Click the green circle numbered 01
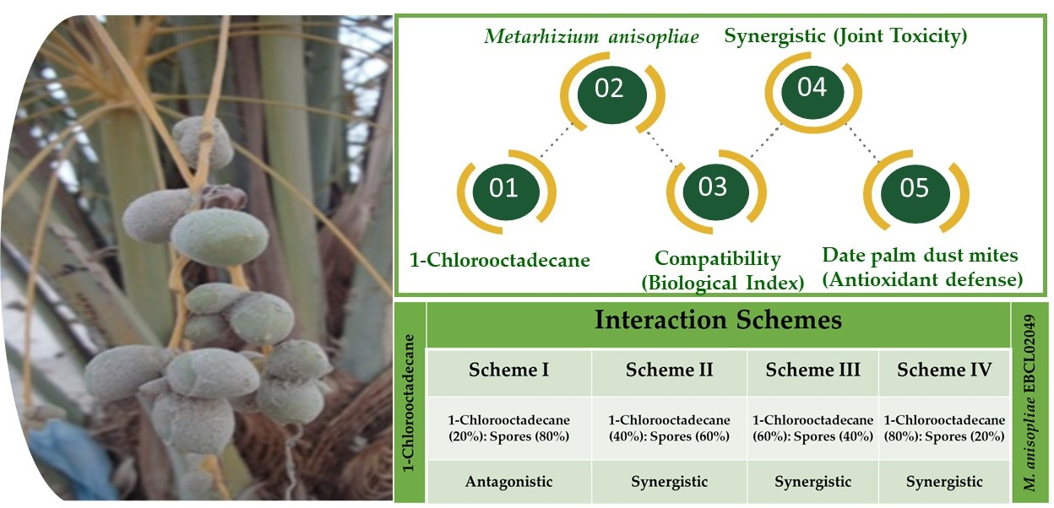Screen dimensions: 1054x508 tap(506, 192)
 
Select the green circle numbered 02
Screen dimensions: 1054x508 tap(611, 94)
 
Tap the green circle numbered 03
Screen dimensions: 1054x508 tap(715, 192)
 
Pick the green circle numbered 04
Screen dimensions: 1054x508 tap(812, 92)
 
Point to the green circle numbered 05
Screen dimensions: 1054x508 tap(915, 192)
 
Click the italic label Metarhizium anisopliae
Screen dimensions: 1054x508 tap(591, 36)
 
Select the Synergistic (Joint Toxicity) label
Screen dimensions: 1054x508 tap(845, 35)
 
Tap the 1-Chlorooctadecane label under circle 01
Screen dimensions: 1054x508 tap(500, 260)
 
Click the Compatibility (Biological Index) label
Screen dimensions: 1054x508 tap(723, 271)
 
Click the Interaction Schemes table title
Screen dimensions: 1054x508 tap(718, 320)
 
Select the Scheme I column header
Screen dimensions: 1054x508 tap(508, 370)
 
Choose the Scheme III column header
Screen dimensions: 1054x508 tap(812, 370)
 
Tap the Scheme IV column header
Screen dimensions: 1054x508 tap(944, 370)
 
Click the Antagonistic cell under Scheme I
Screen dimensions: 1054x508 tap(508, 482)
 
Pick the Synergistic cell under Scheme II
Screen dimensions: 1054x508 tap(669, 482)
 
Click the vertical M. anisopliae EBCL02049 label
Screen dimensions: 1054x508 tap(1030, 403)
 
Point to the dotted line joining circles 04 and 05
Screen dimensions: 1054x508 tap(861, 142)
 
